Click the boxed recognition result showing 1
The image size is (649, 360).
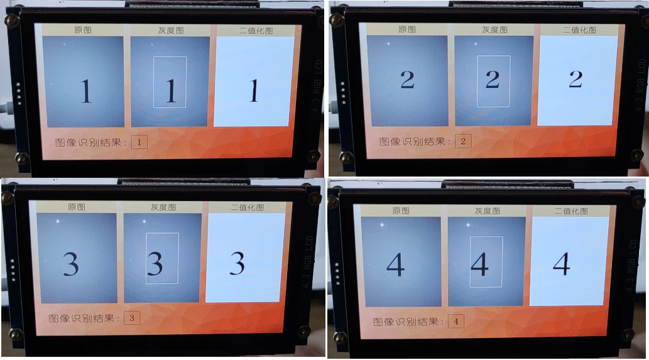click(x=139, y=142)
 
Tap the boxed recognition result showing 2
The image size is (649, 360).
click(x=462, y=141)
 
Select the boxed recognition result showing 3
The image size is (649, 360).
click(x=131, y=318)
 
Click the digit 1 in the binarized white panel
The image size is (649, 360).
click(x=254, y=92)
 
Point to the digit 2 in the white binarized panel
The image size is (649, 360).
click(x=575, y=79)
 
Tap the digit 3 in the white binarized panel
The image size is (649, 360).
click(x=237, y=263)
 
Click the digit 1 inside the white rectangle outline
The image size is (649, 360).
click(x=170, y=92)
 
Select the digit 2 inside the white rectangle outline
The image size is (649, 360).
click(x=493, y=79)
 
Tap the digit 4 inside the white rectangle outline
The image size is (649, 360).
click(x=479, y=265)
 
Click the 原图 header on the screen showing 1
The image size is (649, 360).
click(x=83, y=30)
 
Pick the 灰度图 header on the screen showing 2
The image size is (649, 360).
click(x=493, y=30)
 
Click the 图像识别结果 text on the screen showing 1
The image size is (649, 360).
click(x=91, y=142)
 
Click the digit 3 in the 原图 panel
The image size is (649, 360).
click(x=70, y=264)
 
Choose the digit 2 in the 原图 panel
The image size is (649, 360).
click(x=407, y=80)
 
